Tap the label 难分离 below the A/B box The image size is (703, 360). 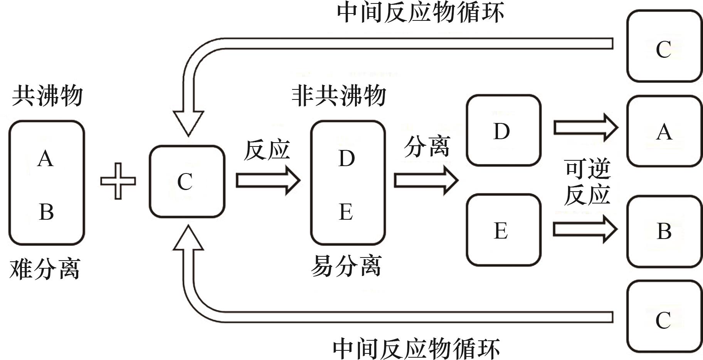[45, 269]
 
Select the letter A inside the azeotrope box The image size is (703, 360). [45, 159]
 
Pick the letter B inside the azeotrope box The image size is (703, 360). [46, 212]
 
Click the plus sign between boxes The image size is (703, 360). [118, 181]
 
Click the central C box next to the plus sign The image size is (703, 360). [187, 182]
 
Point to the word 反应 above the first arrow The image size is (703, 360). [267, 150]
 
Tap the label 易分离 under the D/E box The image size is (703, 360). [346, 266]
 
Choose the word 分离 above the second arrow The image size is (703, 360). [427, 147]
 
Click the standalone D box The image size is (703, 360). [503, 131]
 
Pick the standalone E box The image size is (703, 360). [503, 230]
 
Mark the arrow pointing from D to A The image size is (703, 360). [585, 127]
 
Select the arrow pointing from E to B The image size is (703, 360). [585, 229]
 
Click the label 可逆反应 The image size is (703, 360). [587, 182]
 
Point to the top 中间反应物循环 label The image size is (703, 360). [420, 13]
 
